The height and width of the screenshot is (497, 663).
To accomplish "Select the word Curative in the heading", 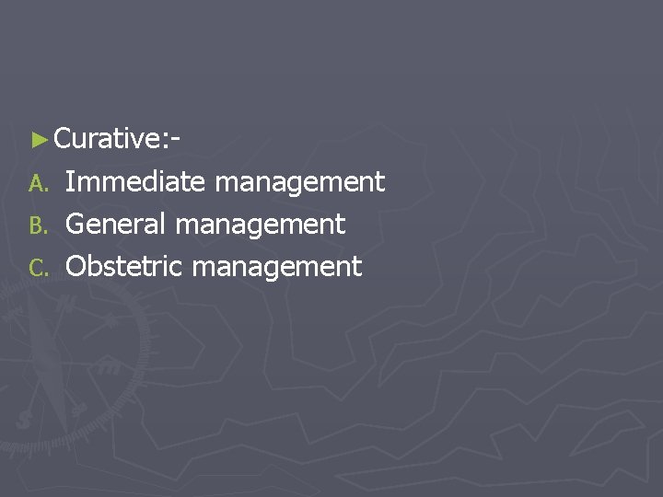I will pos(106,139).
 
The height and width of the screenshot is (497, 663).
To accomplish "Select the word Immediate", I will pos(135,181).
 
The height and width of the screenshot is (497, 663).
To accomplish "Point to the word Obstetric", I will pos(127,266).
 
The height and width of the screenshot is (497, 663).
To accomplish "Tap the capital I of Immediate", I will pos(71,181).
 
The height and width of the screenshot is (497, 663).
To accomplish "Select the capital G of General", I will pos(76,224).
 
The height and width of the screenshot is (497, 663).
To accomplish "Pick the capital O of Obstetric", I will pos(77,266).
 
